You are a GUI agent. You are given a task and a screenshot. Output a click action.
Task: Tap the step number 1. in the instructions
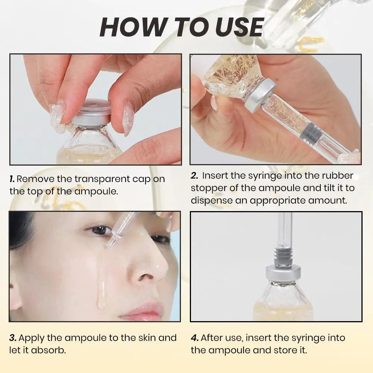pyautogui.click(x=12, y=179)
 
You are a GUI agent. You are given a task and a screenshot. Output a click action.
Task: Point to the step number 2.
pyautogui.click(x=195, y=176)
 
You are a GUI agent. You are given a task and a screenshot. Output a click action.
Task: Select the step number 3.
pyautogui.click(x=13, y=338)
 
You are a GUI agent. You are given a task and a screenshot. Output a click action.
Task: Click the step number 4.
pyautogui.click(x=195, y=338)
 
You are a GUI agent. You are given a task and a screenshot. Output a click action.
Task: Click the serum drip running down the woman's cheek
pyautogui.click(x=101, y=295)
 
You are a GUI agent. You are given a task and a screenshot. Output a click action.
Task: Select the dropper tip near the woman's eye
pyautogui.click(x=112, y=242)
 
